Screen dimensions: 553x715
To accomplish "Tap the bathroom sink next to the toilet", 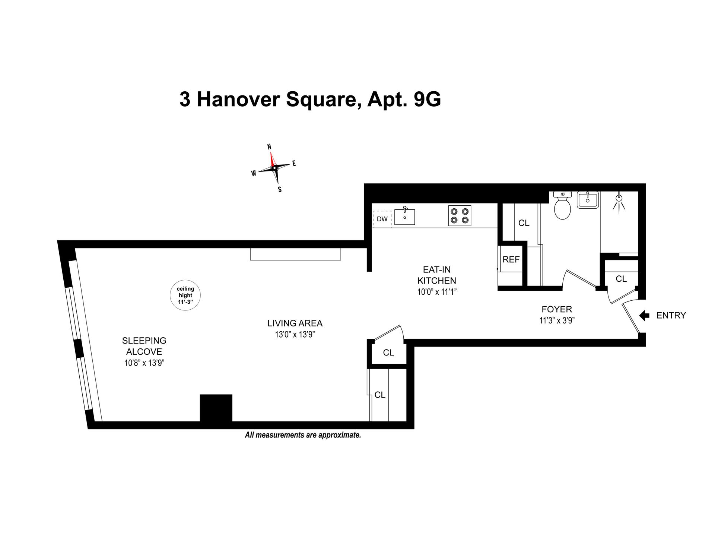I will (x=587, y=200).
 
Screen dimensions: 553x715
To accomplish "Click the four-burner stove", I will (x=460, y=216).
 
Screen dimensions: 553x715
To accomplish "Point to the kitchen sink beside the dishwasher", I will (x=404, y=217).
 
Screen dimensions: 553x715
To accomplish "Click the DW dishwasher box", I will (x=382, y=219).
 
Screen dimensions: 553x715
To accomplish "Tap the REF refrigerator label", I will (x=511, y=259).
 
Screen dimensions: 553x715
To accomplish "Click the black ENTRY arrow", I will (x=644, y=316).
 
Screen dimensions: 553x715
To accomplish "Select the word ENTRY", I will (x=671, y=316).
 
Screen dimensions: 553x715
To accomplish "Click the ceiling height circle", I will (x=185, y=296).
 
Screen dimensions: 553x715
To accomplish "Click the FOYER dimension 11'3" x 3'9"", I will (x=557, y=320).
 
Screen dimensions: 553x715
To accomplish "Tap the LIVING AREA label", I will (x=295, y=323).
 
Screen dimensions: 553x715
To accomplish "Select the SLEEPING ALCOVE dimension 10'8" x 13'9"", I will (x=144, y=363).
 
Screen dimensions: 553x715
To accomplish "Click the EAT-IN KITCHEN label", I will (x=436, y=275).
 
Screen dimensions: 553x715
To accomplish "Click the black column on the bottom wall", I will (x=216, y=408).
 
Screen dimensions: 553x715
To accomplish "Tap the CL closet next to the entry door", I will (x=621, y=279).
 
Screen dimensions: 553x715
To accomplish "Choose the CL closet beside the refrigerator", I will (x=524, y=223).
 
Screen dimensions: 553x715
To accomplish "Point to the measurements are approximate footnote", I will (x=303, y=435).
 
